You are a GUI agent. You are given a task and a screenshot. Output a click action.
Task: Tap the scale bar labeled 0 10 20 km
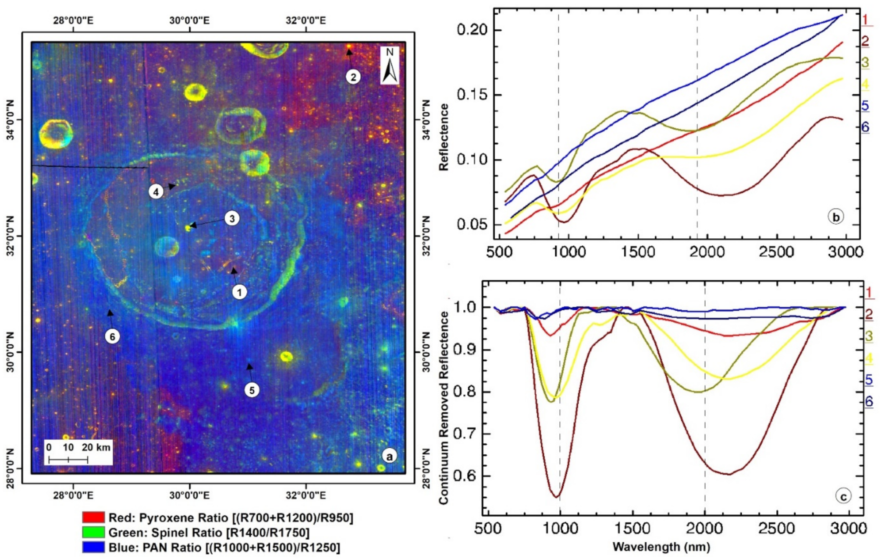pos(68,459)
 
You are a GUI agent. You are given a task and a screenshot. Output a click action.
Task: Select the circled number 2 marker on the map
pos(353,77)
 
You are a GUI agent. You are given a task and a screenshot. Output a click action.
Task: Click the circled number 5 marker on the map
pos(252,390)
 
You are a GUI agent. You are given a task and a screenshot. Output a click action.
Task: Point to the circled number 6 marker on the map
pos(113,336)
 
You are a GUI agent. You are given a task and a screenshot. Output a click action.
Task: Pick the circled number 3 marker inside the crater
pos(232,218)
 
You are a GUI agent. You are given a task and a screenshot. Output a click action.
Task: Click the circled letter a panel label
pos(389,456)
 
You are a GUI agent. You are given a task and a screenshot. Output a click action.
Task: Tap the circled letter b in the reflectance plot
pos(835,217)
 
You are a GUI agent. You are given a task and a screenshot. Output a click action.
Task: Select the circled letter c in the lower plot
pos(843,496)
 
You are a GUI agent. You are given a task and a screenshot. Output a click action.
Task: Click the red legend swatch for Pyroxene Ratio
pos(93,517)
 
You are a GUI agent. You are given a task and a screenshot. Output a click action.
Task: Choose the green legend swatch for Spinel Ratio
pos(93,532)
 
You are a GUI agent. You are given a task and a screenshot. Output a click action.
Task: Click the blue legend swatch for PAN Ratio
pos(93,547)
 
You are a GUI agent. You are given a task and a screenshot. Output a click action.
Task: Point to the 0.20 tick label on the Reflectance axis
pos(472,30)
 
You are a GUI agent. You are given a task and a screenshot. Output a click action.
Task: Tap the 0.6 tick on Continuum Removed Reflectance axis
pos(464,476)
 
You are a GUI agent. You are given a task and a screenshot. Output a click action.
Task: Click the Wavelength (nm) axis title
pos(661,547)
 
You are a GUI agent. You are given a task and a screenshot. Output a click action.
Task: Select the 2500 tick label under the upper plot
pos(776,252)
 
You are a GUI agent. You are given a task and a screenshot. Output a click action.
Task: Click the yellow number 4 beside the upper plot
pos(865,84)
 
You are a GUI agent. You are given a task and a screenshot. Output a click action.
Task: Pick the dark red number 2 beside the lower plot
pos(868,314)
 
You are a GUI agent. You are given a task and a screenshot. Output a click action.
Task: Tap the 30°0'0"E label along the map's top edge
pos(189,20)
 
